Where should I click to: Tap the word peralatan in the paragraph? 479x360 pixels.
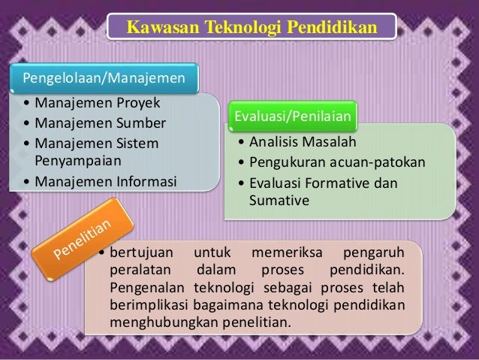point(140,271)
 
